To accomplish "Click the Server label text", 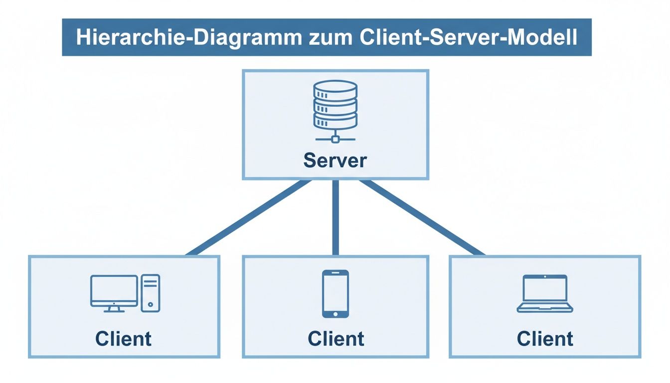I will click(x=335, y=160).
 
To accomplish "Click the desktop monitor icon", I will click(x=114, y=291).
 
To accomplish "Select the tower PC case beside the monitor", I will click(x=150, y=293).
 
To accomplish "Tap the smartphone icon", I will click(x=335, y=293).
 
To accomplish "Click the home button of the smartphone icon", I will click(x=335, y=313).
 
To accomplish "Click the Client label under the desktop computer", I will click(x=123, y=339).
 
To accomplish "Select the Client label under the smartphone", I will click(x=335, y=339).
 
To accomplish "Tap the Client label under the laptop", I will click(x=545, y=339).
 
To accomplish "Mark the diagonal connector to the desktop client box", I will click(x=249, y=218).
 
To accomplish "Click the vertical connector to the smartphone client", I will click(x=335, y=218).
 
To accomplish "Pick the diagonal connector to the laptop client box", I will click(x=421, y=218).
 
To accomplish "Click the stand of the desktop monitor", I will click(x=114, y=310).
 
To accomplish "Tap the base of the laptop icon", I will click(x=544, y=309).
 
